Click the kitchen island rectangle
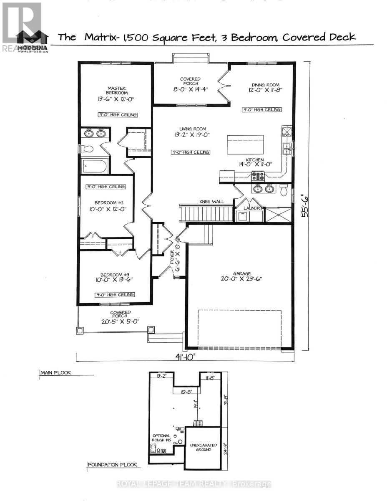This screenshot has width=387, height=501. click(x=245, y=145)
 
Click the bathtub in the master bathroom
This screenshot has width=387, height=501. click(x=95, y=166)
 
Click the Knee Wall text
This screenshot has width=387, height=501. click(x=212, y=202)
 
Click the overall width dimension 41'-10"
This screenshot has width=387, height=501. click(x=185, y=357)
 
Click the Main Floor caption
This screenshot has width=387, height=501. click(x=55, y=372)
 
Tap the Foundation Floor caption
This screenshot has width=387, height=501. click(x=112, y=465)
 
